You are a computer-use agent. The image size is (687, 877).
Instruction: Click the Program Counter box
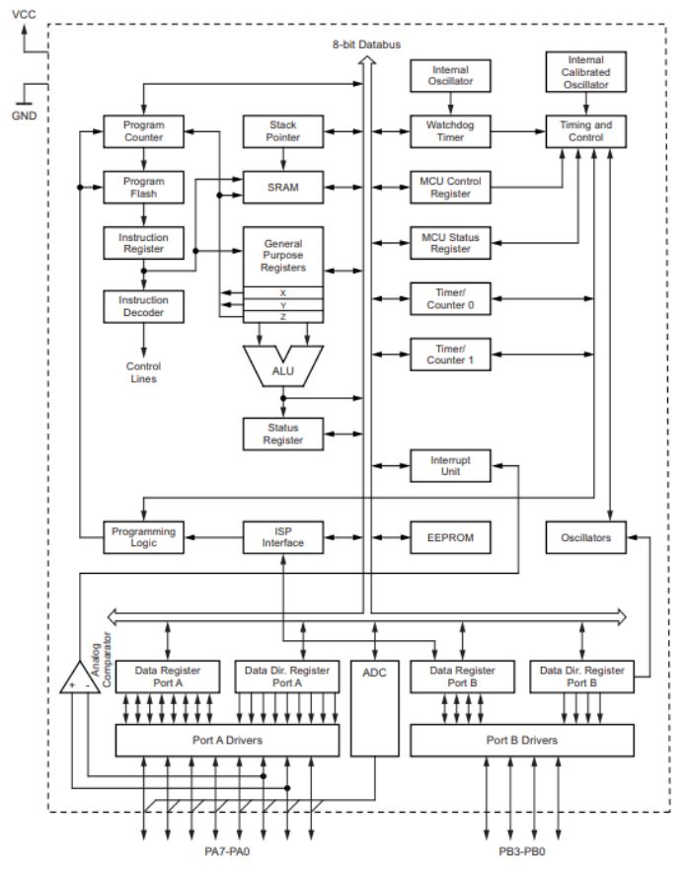[144, 132]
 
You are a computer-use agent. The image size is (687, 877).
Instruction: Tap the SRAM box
[283, 187]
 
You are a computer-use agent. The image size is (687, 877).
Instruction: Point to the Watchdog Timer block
[451, 132]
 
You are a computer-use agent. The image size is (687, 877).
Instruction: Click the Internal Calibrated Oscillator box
[585, 75]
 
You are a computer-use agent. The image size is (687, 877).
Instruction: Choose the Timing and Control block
[585, 132]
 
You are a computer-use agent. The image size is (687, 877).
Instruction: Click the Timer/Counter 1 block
[451, 353]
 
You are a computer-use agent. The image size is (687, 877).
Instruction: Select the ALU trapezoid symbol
[283, 366]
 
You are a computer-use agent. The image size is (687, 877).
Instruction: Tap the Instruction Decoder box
[144, 305]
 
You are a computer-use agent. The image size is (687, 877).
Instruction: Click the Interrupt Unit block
[451, 466]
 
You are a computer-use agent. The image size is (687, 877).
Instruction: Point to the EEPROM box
[451, 539]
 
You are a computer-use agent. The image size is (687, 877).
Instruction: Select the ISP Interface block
[283, 539]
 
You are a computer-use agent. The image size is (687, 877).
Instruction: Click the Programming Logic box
[144, 539]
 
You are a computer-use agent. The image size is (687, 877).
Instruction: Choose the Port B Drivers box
[522, 740]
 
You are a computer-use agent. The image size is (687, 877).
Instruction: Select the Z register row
[283, 316]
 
